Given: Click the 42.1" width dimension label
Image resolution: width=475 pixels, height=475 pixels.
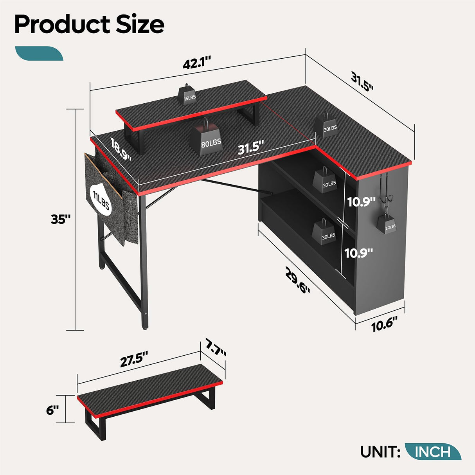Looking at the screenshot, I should [x=196, y=63].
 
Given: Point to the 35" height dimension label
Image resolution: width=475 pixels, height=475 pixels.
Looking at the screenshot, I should [x=61, y=220].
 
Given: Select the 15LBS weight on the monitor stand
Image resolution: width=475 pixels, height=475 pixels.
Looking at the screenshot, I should [x=189, y=95].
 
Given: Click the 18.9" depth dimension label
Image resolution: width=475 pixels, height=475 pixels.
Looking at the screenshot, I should [x=121, y=149].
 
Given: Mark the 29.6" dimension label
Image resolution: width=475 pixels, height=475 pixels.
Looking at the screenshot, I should [x=298, y=281].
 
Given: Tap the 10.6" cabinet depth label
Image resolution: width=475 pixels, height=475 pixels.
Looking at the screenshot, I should [x=384, y=324].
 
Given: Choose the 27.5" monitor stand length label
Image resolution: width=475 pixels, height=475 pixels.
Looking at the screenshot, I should [x=134, y=359].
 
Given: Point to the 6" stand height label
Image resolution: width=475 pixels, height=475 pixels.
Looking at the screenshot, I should [x=52, y=410].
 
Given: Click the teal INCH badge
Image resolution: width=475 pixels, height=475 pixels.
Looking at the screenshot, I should [x=433, y=452].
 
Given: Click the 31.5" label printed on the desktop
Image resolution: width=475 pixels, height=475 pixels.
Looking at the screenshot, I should [x=250, y=148].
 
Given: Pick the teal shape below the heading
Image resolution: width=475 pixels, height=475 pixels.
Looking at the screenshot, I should [x=39, y=54].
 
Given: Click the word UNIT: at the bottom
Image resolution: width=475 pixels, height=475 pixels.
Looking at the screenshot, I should [x=380, y=452].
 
